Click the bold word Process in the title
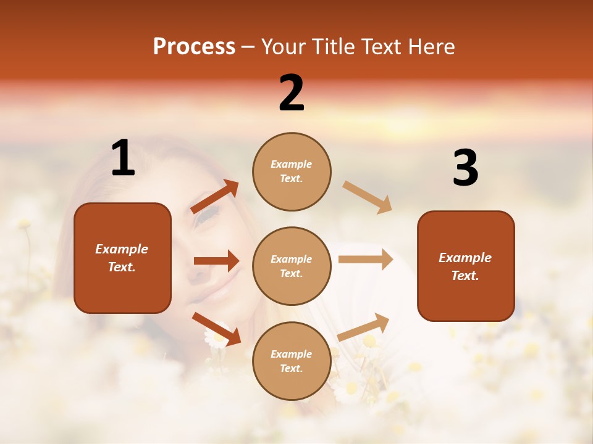194,47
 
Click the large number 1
123,159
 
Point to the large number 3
465,168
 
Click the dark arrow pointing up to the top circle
215,197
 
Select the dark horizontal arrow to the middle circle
216,261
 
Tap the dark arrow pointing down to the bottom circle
216,329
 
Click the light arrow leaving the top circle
367,197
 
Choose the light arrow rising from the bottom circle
363,327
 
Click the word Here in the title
432,47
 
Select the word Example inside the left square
122,249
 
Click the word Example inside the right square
465,258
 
